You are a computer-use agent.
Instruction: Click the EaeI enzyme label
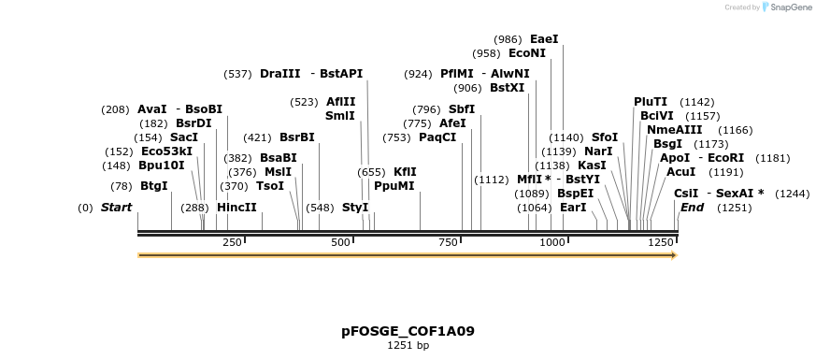[543, 39]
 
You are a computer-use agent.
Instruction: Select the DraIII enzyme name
[280, 74]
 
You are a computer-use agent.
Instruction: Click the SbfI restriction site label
[462, 109]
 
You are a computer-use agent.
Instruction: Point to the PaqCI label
[437, 137]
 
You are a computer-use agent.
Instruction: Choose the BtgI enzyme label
[153, 186]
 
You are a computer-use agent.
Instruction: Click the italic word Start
[116, 207]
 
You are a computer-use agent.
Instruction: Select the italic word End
[692, 207]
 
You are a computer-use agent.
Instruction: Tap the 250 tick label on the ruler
[232, 243]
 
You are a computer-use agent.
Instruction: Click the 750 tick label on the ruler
[447, 243]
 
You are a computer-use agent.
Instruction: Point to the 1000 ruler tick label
[552, 243]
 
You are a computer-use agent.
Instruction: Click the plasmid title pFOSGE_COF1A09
[408, 331]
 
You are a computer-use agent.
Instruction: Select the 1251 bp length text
[408, 345]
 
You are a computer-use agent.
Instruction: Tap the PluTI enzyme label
[651, 102]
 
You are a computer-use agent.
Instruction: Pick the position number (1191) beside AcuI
[725, 172]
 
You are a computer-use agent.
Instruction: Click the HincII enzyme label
[236, 207]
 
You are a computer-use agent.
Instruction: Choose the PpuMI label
[394, 185]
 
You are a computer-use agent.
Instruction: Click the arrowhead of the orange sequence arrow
[672, 254]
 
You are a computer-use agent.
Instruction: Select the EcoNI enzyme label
[527, 53]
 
